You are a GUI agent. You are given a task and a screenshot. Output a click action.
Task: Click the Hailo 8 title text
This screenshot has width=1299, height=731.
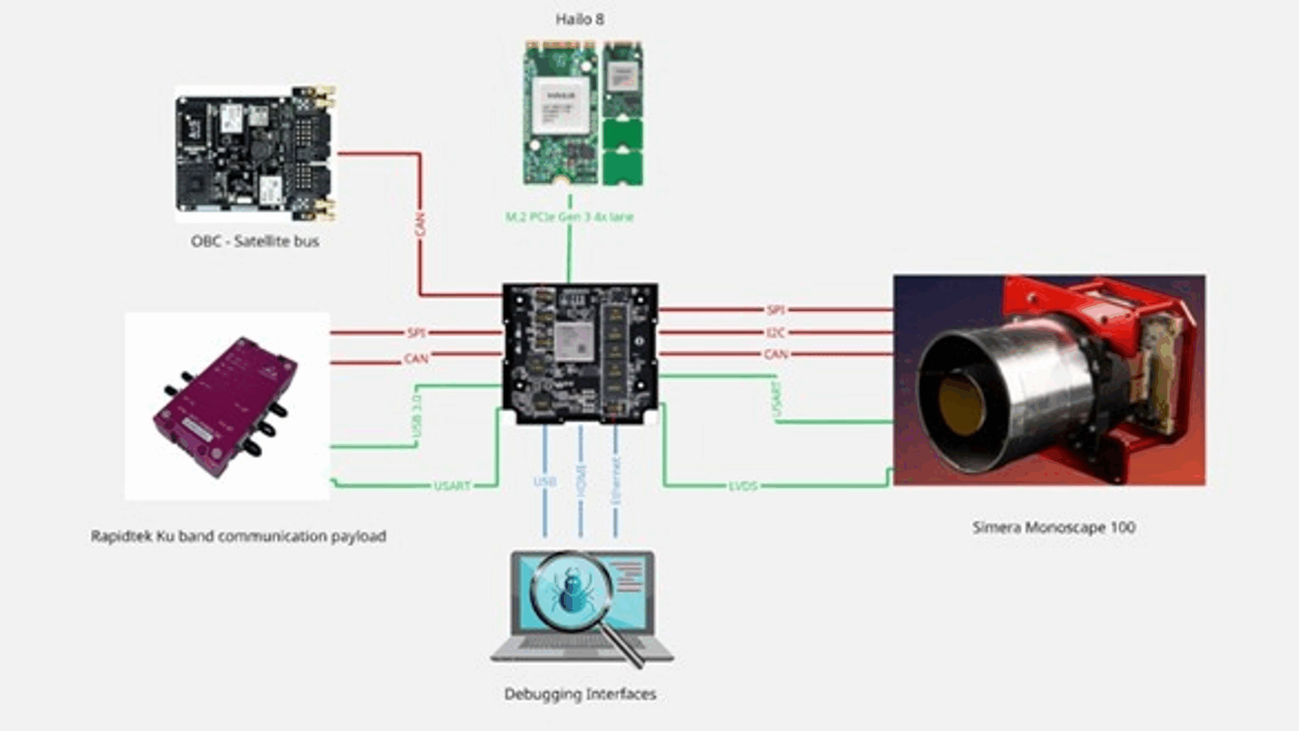click(579, 19)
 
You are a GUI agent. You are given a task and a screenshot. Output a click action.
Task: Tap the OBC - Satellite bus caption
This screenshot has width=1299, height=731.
click(255, 241)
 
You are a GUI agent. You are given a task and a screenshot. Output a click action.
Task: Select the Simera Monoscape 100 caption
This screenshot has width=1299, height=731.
click(1053, 527)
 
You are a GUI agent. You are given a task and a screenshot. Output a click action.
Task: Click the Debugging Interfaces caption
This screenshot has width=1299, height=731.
click(580, 694)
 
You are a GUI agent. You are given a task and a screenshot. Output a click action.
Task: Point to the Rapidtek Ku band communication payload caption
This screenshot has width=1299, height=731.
click(238, 536)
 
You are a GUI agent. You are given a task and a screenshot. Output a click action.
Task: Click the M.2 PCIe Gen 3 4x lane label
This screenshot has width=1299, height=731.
click(569, 217)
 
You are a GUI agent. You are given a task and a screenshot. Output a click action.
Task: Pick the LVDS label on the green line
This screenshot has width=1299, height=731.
click(743, 486)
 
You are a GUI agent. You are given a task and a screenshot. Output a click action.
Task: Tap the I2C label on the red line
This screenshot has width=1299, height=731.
click(775, 333)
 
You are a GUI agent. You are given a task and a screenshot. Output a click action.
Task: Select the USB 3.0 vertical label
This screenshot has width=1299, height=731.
click(417, 416)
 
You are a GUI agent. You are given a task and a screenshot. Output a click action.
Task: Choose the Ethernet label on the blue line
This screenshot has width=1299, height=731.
click(616, 480)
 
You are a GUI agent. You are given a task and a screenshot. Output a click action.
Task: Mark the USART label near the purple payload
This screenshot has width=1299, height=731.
click(452, 486)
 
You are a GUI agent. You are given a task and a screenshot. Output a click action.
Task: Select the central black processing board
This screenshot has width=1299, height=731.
click(580, 353)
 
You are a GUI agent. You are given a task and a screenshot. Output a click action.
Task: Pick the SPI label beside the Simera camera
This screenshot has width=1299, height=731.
click(775, 309)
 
